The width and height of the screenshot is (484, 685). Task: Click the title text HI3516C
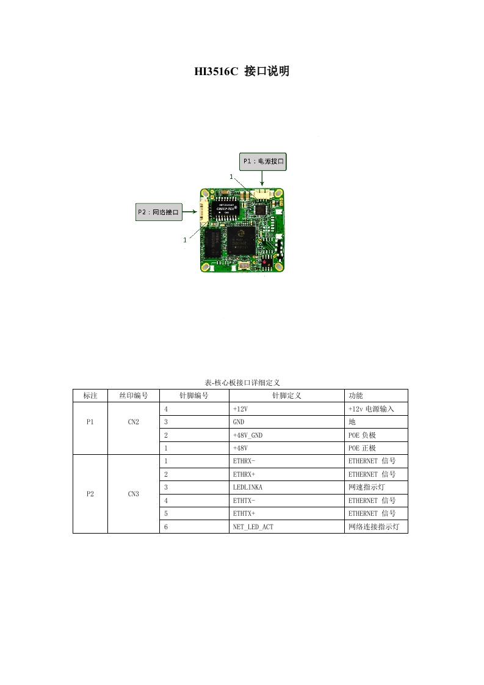pos(215,72)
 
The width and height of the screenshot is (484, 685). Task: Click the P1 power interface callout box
pos(263,161)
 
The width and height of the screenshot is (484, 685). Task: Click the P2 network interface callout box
pos(159,212)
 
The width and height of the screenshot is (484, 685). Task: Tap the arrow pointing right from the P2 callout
pos(190,212)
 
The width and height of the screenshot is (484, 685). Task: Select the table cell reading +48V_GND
pos(247,435)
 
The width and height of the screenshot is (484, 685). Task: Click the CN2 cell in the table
pos(134,421)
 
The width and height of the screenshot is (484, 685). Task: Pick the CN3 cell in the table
pos(134,494)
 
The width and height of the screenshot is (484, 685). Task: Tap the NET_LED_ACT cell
pos(253,526)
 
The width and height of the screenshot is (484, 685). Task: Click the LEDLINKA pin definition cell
pos(247,487)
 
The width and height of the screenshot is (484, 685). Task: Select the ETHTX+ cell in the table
pos(244,513)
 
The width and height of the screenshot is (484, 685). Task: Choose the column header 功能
pos(355,396)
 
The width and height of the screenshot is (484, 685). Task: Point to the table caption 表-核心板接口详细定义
pos(242,382)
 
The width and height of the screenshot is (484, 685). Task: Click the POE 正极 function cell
pos(362,448)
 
